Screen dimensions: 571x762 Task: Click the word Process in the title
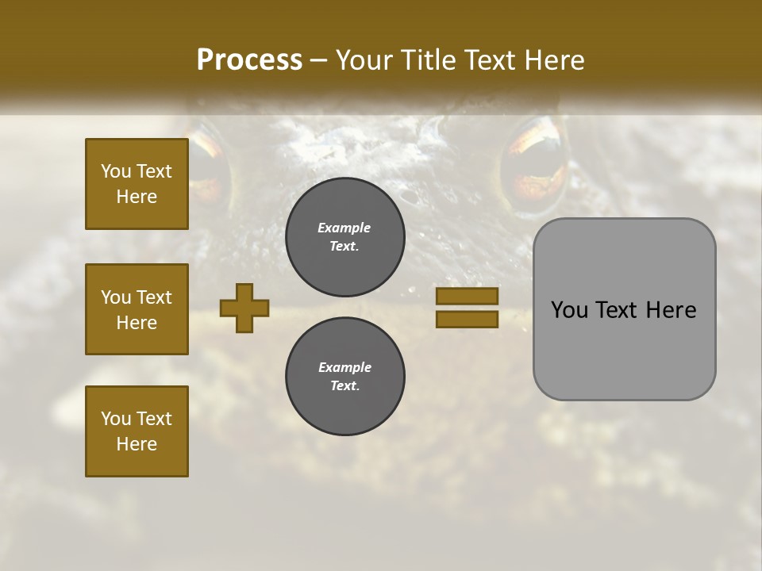249,60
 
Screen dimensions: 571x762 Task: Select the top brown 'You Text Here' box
137,184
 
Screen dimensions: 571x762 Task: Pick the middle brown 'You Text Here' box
137,309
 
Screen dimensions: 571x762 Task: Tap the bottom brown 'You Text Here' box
137,431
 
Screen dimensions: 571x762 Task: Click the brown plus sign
244,308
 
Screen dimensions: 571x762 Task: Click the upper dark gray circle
344,237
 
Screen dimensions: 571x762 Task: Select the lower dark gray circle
344,377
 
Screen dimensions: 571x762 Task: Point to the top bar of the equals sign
467,297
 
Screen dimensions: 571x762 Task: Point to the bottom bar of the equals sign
467,319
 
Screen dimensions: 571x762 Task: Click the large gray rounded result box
624,308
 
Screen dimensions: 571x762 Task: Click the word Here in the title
554,60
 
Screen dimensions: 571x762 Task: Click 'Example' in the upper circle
344,228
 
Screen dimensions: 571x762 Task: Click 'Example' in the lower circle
344,367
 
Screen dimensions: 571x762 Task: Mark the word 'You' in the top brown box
116,171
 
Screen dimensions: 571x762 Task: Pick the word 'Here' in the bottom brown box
137,444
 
